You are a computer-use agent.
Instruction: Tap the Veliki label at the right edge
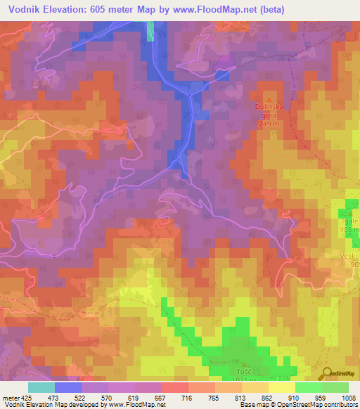(352, 256)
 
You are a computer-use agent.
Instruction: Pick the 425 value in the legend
(22, 398)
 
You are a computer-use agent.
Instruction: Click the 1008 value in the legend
(349, 398)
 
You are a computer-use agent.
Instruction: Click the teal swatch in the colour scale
(41, 387)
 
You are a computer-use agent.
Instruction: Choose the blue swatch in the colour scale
(68, 387)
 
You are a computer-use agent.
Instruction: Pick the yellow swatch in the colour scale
(282, 387)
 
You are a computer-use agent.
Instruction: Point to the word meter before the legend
(8, 398)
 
